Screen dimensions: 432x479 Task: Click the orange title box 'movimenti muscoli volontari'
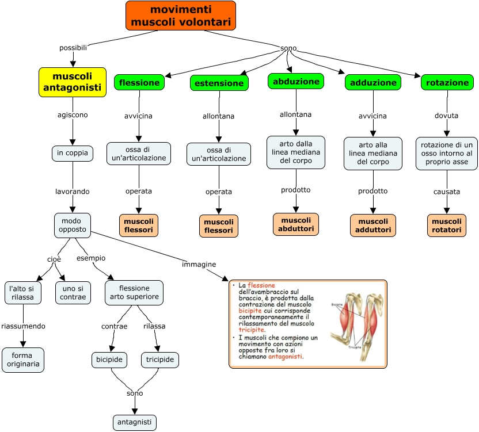tap(181, 16)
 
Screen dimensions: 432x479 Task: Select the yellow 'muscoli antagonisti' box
tap(73, 82)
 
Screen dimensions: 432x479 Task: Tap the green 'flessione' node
tap(139, 82)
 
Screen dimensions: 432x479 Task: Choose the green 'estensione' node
tap(219, 83)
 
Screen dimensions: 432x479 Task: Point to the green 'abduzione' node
tap(296, 81)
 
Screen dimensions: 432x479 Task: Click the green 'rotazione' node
tap(447, 82)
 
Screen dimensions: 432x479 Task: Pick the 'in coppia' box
tap(72, 153)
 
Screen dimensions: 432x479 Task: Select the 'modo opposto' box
tap(72, 224)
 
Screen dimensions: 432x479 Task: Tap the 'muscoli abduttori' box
tap(296, 224)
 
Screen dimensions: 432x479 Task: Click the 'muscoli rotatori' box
tap(447, 225)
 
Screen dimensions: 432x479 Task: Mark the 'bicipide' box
tap(109, 360)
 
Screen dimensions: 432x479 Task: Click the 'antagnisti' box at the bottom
tap(135, 422)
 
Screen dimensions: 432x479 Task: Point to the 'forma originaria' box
tap(23, 360)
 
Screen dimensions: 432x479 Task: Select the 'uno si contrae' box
tap(74, 292)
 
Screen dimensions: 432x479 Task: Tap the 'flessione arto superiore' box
tap(134, 292)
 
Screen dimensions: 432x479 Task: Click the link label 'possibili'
tap(73, 47)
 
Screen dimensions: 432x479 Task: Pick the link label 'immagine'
tap(199, 264)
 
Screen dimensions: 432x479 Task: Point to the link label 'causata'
tap(447, 191)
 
